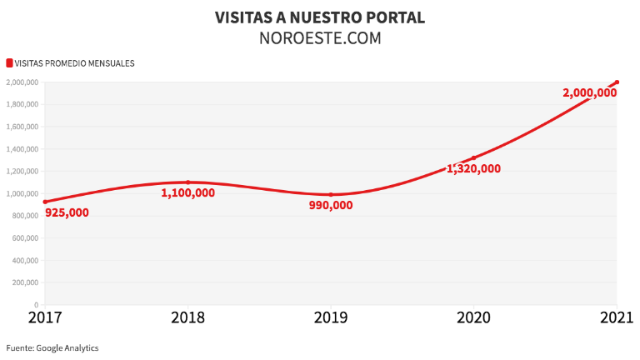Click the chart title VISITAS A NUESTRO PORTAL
tap(320, 17)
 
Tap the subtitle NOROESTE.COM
tap(320, 38)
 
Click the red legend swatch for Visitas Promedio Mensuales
tap(9, 62)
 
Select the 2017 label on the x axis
tap(45, 317)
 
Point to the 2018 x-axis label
tap(188, 317)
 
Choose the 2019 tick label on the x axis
tap(331, 317)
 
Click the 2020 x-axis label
tap(474, 317)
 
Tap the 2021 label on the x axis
tap(616, 317)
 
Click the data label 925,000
tap(67, 212)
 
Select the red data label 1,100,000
tap(188, 192)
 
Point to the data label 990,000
tap(331, 205)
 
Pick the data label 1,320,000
tap(474, 168)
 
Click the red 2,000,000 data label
tap(590, 93)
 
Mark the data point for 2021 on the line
tap(617, 82)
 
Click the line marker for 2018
tap(188, 182)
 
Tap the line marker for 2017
tap(45, 202)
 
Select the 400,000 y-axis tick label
tap(23, 260)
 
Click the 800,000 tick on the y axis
tap(23, 216)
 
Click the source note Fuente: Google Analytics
tap(52, 347)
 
